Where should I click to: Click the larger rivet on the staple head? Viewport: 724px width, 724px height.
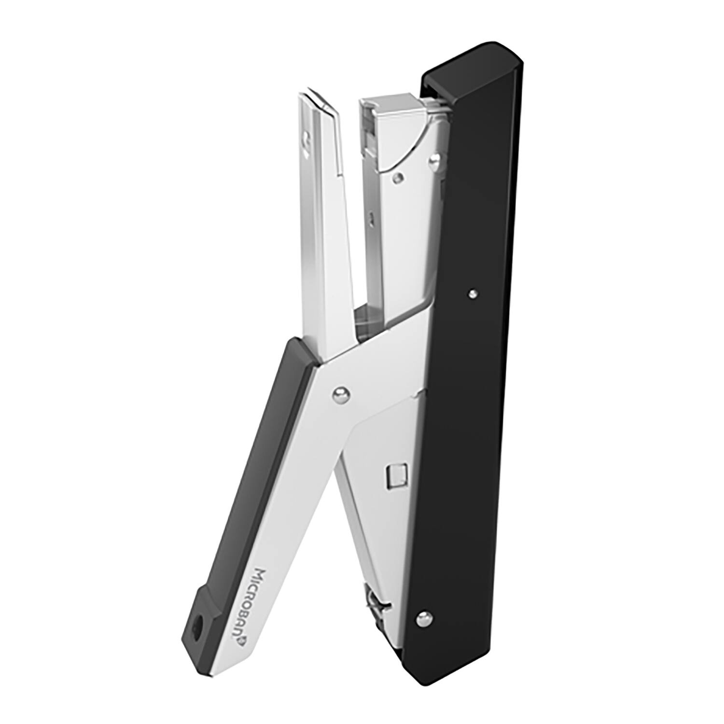pyautogui.click(x=436, y=159)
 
